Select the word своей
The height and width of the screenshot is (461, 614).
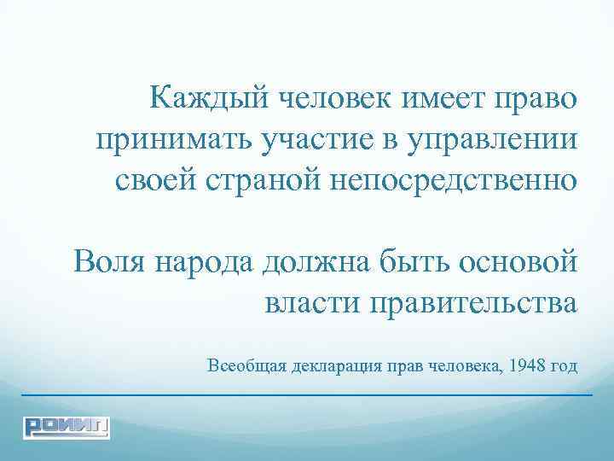tap(156, 180)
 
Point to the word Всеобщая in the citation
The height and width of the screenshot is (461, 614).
tap(246, 367)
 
